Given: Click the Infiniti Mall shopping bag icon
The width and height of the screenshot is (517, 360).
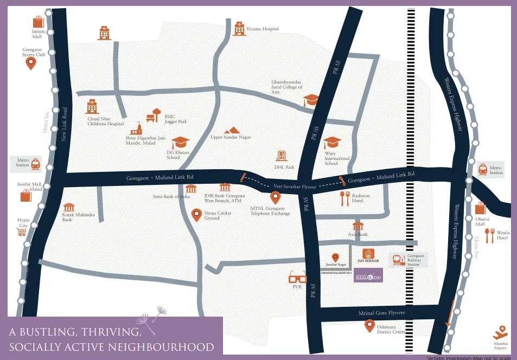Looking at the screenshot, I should pyautogui.click(x=38, y=22).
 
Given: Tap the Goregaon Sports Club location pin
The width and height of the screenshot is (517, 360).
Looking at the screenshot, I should pyautogui.click(x=31, y=63).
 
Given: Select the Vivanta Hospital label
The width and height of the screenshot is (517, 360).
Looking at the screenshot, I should pyautogui.click(x=263, y=29).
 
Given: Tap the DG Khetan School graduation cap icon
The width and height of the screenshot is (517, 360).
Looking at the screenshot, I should pyautogui.click(x=180, y=142).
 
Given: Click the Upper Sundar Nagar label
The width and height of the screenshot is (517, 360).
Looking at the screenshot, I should pyautogui.click(x=231, y=137).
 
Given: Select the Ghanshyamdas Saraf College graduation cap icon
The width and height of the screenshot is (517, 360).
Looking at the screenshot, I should pyautogui.click(x=311, y=100).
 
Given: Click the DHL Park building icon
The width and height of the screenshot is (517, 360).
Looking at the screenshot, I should pyautogui.click(x=281, y=156).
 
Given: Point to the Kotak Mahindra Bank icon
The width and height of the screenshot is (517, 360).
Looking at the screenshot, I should pyautogui.click(x=69, y=207).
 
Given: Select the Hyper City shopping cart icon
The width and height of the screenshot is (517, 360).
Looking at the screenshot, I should pyautogui.click(x=22, y=232).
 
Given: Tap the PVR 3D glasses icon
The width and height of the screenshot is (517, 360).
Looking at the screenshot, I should pyautogui.click(x=297, y=278).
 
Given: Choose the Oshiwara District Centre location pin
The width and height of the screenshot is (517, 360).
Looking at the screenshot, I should pyautogui.click(x=369, y=326).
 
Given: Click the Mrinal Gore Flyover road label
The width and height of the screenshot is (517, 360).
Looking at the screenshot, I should pyautogui.click(x=381, y=313).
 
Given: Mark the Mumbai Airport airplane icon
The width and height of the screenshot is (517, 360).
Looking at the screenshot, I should pyautogui.click(x=500, y=332).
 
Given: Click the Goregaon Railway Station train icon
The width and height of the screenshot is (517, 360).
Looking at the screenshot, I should pyautogui.click(x=397, y=260).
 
